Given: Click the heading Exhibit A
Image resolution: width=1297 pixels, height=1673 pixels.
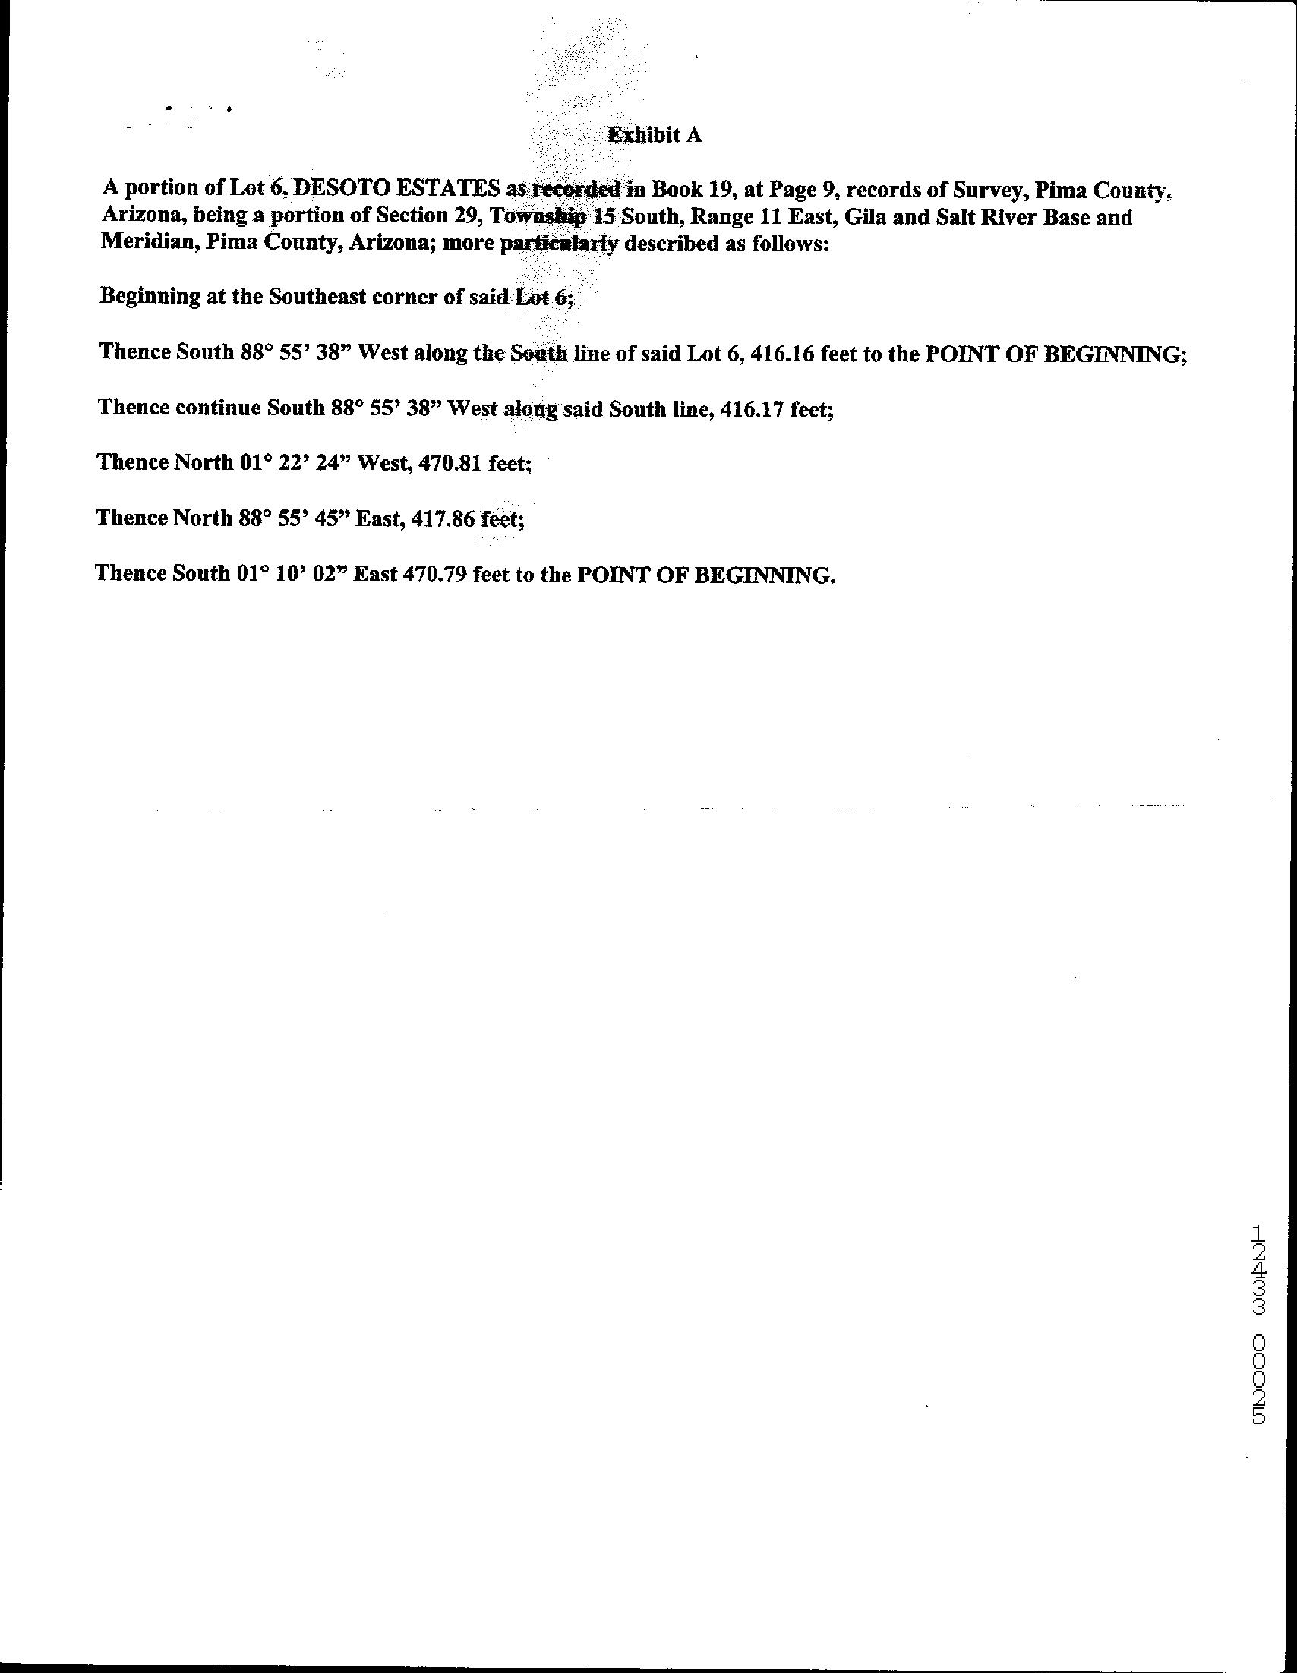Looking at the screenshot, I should coord(655,136).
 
